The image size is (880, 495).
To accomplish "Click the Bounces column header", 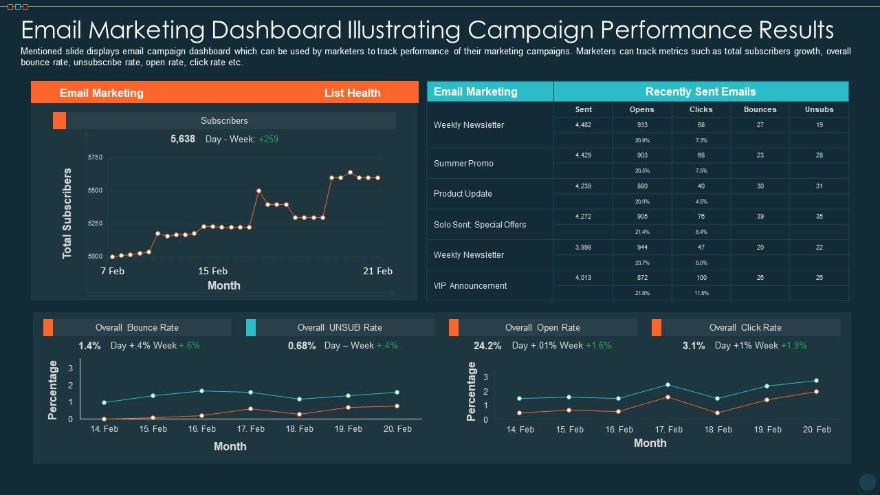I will pos(760,109).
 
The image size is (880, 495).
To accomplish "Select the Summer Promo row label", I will pos(463,164).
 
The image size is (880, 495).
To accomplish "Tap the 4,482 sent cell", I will pos(583,125).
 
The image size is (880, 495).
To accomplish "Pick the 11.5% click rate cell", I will pos(701,293).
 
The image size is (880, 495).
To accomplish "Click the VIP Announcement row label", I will pos(470,286).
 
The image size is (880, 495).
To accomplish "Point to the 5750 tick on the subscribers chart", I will pos(95,157).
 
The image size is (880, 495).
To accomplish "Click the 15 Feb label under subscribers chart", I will pos(212,271).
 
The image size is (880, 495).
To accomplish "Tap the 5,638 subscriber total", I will pos(183,139).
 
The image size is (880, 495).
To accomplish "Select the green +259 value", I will pos(268,139).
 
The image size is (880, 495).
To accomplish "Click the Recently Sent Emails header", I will pos(700,91).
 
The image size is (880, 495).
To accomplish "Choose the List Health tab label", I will pos(352,93).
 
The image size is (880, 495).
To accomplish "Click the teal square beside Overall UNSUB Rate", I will pos(251,327).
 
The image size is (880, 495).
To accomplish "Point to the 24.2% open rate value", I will pos(487,346).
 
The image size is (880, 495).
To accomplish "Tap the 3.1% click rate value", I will pos(694,346).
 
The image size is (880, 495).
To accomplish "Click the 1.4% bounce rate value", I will pos(89,346).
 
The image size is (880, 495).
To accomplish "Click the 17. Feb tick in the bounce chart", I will pos(250,428).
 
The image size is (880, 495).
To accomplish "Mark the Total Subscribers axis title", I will pos(67,213).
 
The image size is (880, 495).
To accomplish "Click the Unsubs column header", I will pos(819,109).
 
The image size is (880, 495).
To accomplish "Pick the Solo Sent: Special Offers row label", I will pos(479,225).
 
